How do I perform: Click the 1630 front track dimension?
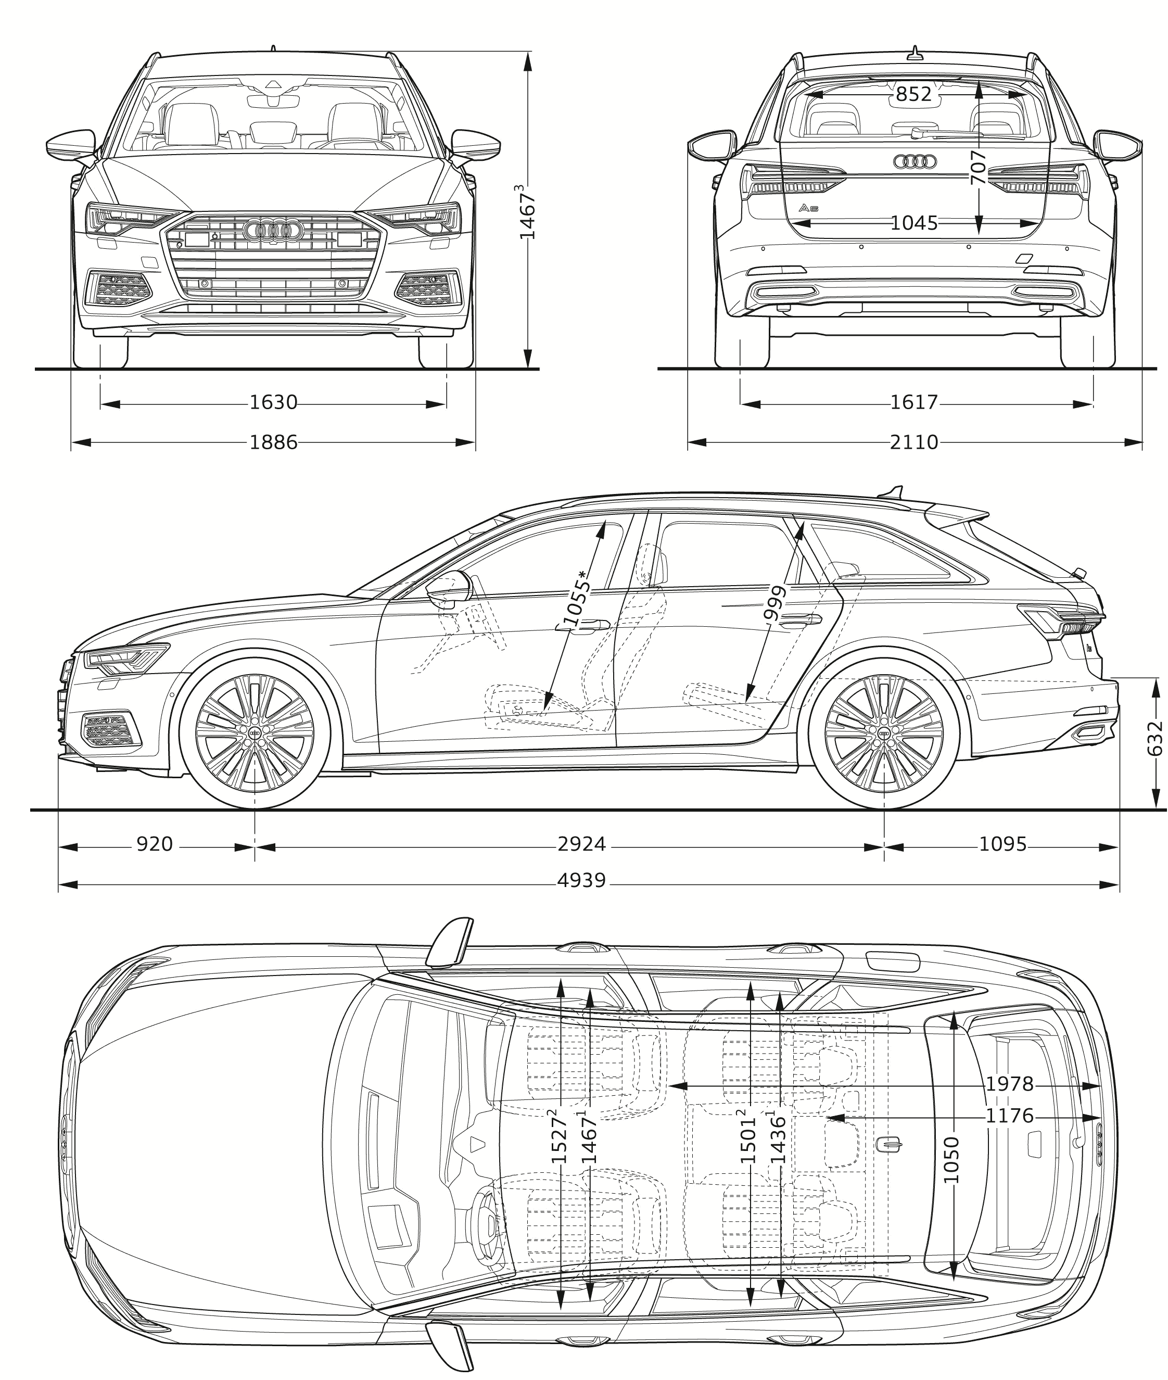273,402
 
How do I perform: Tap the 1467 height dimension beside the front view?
528,212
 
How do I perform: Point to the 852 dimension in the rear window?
914,95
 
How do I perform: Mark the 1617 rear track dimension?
914,402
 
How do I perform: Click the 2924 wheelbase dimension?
581,844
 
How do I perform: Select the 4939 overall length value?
581,881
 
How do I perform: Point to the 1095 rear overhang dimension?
1002,844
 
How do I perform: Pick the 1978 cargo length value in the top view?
1009,1084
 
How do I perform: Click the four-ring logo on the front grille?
273,230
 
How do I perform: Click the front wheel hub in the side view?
255,730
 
